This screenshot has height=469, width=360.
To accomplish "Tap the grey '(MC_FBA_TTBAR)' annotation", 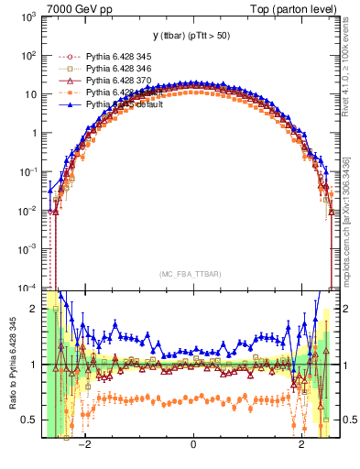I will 192,274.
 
